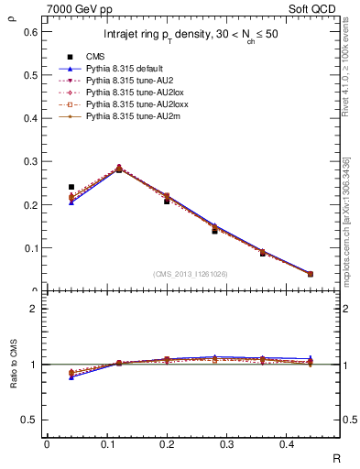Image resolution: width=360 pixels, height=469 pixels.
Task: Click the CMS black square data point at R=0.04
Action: [x=71, y=187]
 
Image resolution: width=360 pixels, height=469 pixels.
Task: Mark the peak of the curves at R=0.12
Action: [x=119, y=169]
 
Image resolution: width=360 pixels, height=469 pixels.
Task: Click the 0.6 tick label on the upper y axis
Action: [x=30, y=31]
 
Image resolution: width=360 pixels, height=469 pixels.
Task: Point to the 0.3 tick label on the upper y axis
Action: [x=30, y=161]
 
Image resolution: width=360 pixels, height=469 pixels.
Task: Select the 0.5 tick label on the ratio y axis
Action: [x=30, y=420]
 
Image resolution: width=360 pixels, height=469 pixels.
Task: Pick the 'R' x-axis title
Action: [x=337, y=457]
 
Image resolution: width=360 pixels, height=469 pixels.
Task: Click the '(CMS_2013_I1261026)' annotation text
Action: [x=191, y=274]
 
